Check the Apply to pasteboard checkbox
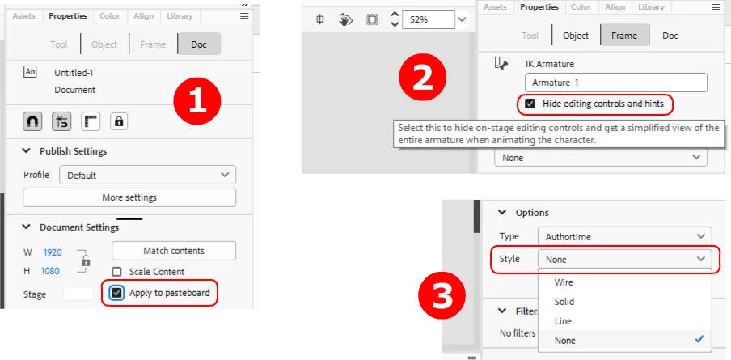coord(117,293)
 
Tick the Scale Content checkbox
coord(117,271)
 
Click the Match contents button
coord(174,251)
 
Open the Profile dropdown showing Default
coord(148,176)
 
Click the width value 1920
coord(53,252)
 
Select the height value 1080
coord(50,270)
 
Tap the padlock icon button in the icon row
coord(119,121)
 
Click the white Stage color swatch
coord(78,294)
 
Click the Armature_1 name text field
coord(616,83)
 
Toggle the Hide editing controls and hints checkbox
coord(530,104)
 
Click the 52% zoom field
coord(428,19)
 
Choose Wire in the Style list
coord(564,282)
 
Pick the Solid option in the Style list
coord(564,302)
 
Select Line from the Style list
coord(563,321)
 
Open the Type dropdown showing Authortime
coord(625,236)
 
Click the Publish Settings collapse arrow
coord(27,151)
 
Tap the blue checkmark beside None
coord(699,340)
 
